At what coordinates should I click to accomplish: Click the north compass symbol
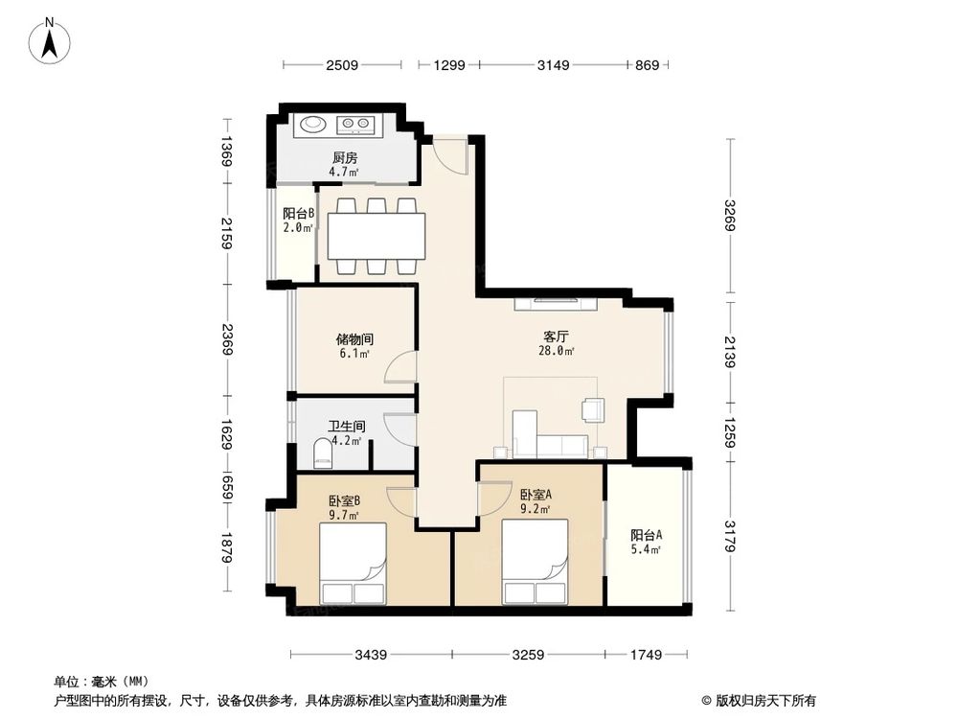[x=50, y=42]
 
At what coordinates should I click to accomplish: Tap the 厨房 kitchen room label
[x=345, y=164]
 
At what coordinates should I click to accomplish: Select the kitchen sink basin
[x=312, y=124]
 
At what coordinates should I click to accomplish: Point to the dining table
[x=376, y=236]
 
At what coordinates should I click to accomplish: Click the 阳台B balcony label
[x=298, y=221]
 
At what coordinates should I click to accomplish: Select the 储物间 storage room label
[x=354, y=345]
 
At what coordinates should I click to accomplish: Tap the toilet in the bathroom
[x=321, y=454]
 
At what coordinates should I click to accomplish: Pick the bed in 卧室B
[x=352, y=564]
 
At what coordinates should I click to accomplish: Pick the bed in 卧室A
[x=535, y=564]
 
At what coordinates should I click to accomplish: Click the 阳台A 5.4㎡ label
[x=647, y=542]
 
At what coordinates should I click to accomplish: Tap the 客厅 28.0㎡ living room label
[x=557, y=343]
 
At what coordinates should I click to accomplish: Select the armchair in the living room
[x=593, y=410]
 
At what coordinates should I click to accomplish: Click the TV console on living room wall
[x=557, y=305]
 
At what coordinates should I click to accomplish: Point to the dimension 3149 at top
[x=553, y=65]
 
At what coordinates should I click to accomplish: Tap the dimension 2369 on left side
[x=226, y=340]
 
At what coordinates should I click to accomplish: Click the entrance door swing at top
[x=448, y=151]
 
